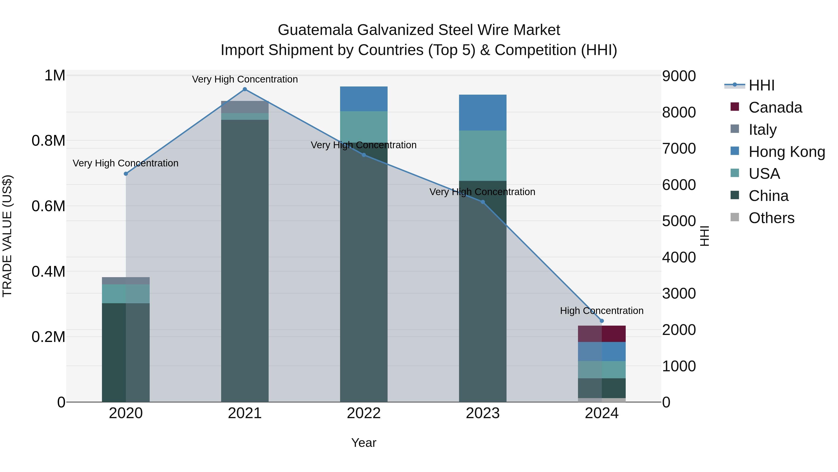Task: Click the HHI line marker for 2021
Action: click(245, 89)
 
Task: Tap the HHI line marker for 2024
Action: click(602, 321)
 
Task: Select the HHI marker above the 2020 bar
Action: click(126, 174)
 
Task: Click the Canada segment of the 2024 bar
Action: click(602, 334)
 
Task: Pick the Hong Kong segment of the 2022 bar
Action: click(364, 99)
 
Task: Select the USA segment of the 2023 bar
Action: click(483, 156)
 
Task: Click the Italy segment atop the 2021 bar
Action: click(245, 107)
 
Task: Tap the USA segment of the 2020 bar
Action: click(126, 294)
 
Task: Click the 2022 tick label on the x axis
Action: click(364, 413)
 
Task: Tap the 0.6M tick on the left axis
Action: click(48, 206)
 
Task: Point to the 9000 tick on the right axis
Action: click(679, 76)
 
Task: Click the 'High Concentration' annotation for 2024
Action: click(602, 311)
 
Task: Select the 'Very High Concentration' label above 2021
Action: click(245, 79)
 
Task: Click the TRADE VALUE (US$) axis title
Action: click(7, 236)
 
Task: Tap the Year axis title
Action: click(364, 443)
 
